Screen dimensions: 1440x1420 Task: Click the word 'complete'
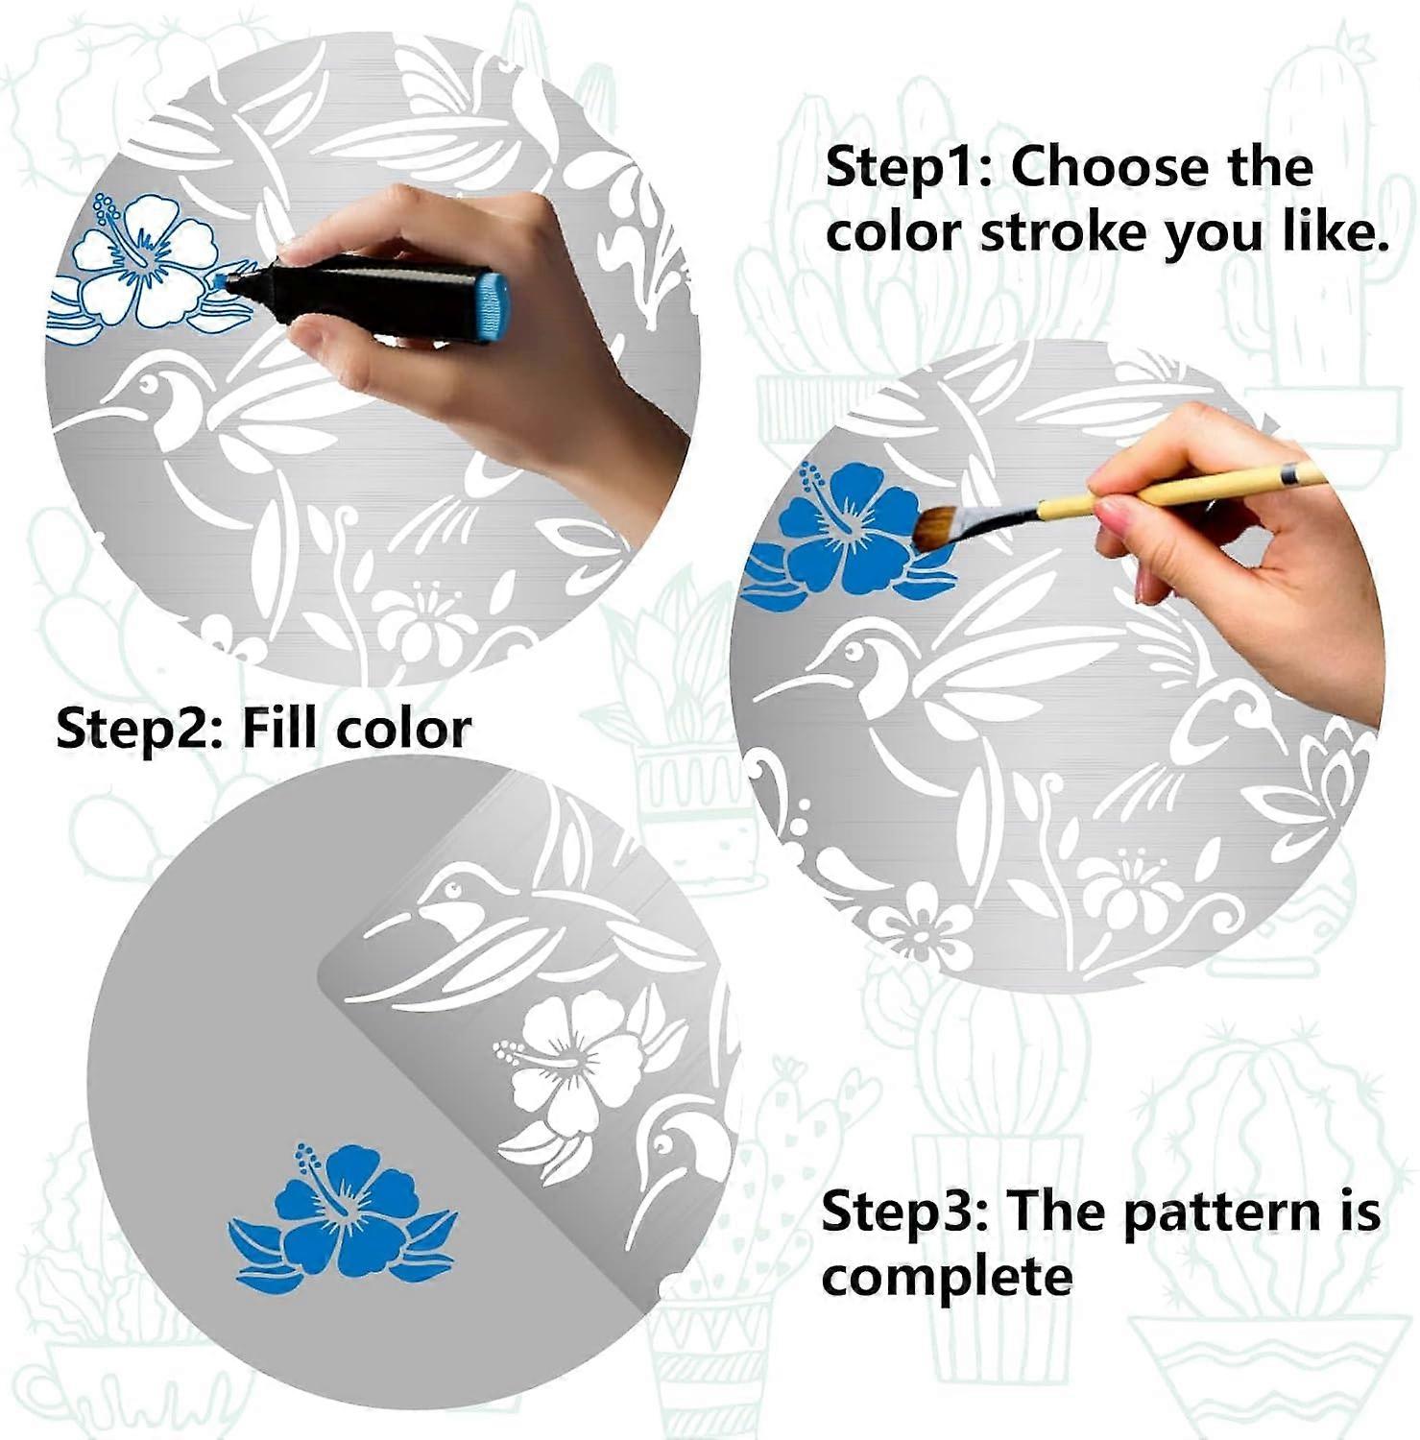(x=946, y=1277)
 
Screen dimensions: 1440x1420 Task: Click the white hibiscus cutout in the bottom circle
(x=576, y=1061)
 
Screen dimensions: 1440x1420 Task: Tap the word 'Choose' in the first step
(x=1096, y=168)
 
